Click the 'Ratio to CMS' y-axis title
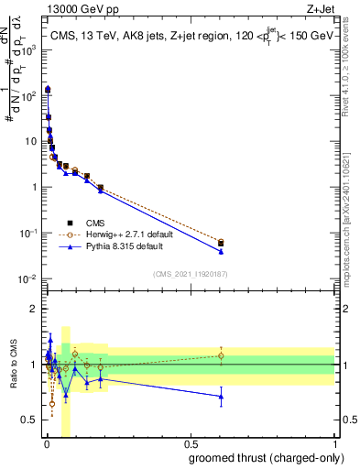[13, 365]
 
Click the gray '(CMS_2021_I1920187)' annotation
[190, 274]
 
